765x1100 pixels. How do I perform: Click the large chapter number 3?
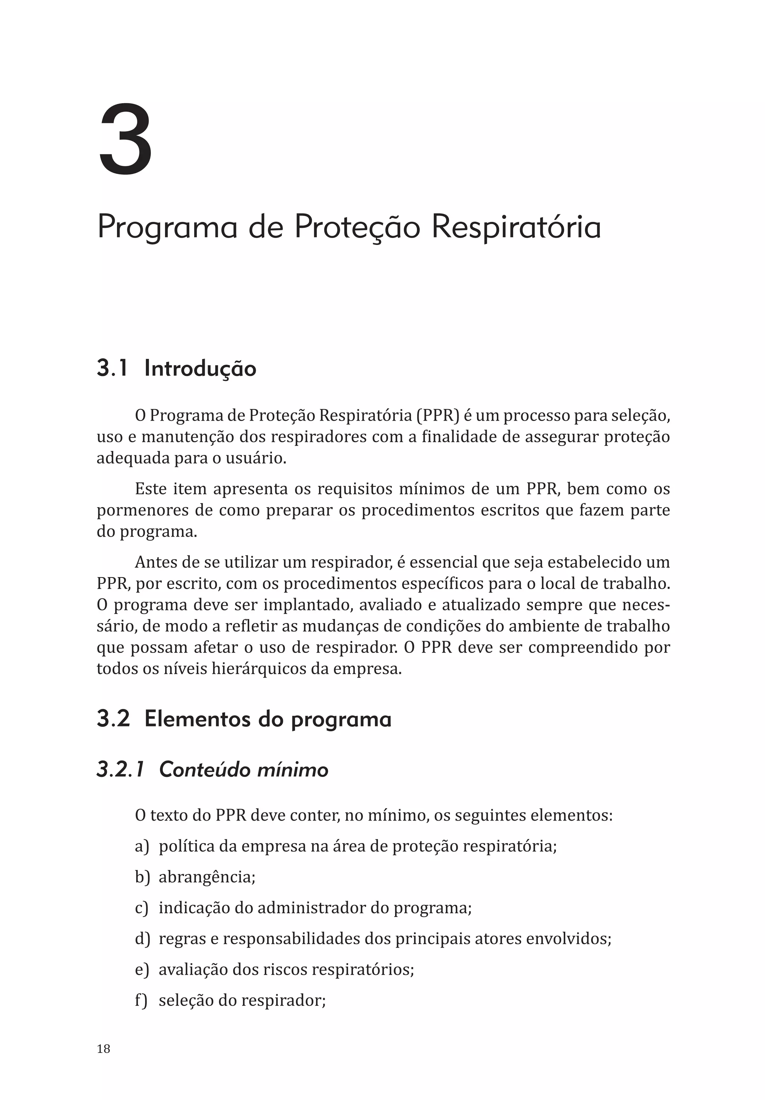click(126, 140)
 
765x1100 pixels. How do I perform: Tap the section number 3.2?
click(114, 719)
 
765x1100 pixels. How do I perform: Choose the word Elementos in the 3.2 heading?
click(198, 719)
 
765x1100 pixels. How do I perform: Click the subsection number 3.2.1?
click(120, 770)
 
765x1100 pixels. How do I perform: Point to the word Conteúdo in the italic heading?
click(205, 770)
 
